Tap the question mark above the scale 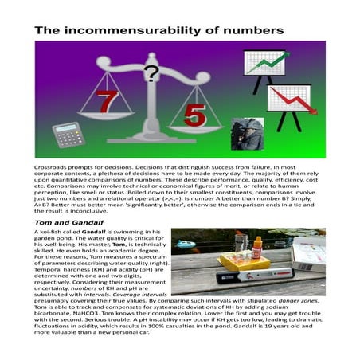(151, 74)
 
